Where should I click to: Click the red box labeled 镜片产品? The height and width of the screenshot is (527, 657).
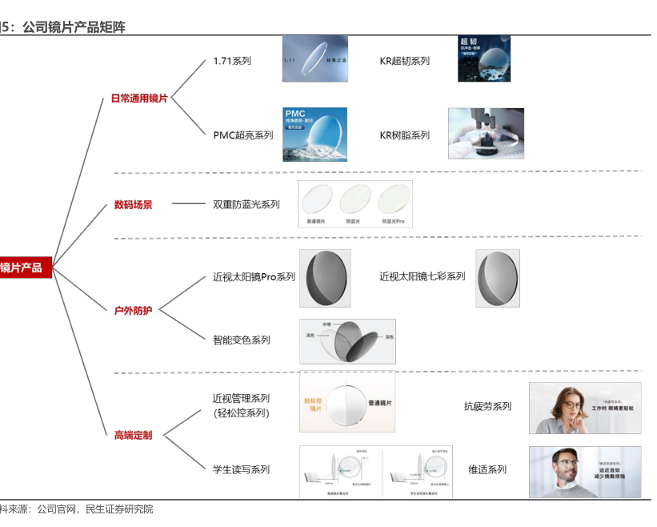24,268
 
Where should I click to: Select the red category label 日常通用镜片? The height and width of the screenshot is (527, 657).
139,99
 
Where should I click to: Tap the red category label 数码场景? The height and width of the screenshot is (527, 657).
133,205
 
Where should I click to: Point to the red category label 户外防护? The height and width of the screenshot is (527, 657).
133,310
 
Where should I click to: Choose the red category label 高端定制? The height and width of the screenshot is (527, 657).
133,436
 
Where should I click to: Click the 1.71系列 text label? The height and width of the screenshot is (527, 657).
232,61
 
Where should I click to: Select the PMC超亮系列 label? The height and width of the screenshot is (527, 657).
242,135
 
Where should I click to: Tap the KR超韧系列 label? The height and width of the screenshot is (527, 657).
404,61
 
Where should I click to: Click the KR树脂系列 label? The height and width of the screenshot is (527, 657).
404,135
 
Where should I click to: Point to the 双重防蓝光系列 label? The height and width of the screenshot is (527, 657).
246,205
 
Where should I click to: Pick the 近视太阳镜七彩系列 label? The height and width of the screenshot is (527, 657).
422,277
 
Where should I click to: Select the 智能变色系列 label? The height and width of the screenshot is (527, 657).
242,340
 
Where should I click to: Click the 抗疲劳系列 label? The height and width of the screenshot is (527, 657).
487,407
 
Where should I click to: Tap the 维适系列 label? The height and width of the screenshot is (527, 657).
487,470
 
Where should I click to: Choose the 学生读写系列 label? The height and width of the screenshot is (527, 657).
242,470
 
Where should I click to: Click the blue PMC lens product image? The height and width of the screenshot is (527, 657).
314,135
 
